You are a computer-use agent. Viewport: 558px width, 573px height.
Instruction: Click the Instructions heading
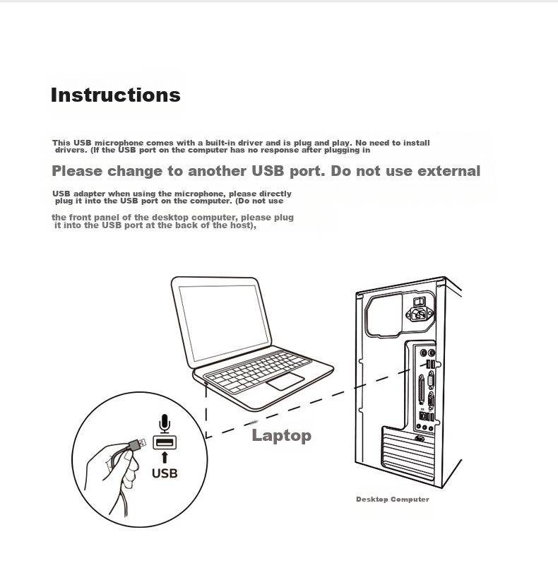pyautogui.click(x=115, y=95)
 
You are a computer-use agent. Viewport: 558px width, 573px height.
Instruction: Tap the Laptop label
pyautogui.click(x=282, y=435)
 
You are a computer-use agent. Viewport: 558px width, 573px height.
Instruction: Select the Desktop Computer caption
pyautogui.click(x=393, y=500)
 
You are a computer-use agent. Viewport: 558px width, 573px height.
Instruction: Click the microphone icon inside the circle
pyautogui.click(x=165, y=423)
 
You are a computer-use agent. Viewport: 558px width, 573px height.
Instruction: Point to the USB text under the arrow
pyautogui.click(x=165, y=473)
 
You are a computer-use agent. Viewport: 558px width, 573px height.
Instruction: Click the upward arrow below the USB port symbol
pyautogui.click(x=165, y=457)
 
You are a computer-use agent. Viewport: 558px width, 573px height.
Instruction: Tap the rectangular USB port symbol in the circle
pyautogui.click(x=165, y=442)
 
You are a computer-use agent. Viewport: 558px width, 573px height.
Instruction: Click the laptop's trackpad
pyautogui.click(x=285, y=382)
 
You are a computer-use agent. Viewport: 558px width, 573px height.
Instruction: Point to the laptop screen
pyautogui.click(x=224, y=322)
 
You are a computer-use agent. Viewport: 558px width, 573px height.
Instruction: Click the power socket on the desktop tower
pyautogui.click(x=419, y=314)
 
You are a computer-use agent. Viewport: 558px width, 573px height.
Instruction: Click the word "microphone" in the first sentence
pyautogui.click(x=119, y=143)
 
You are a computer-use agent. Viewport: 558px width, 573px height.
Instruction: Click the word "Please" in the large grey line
pyautogui.click(x=77, y=171)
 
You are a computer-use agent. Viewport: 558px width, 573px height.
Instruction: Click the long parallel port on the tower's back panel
pyautogui.click(x=421, y=389)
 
